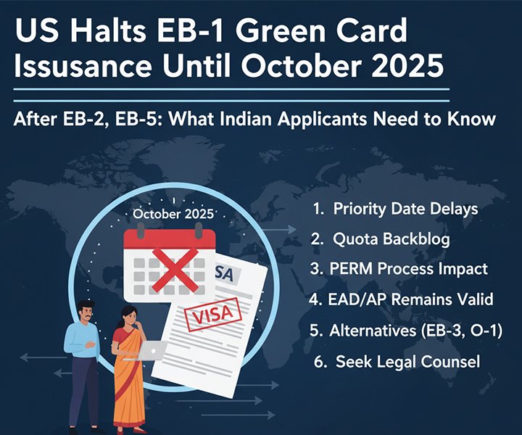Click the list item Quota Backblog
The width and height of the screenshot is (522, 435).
point(389,239)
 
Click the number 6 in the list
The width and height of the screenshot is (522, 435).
point(320,361)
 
